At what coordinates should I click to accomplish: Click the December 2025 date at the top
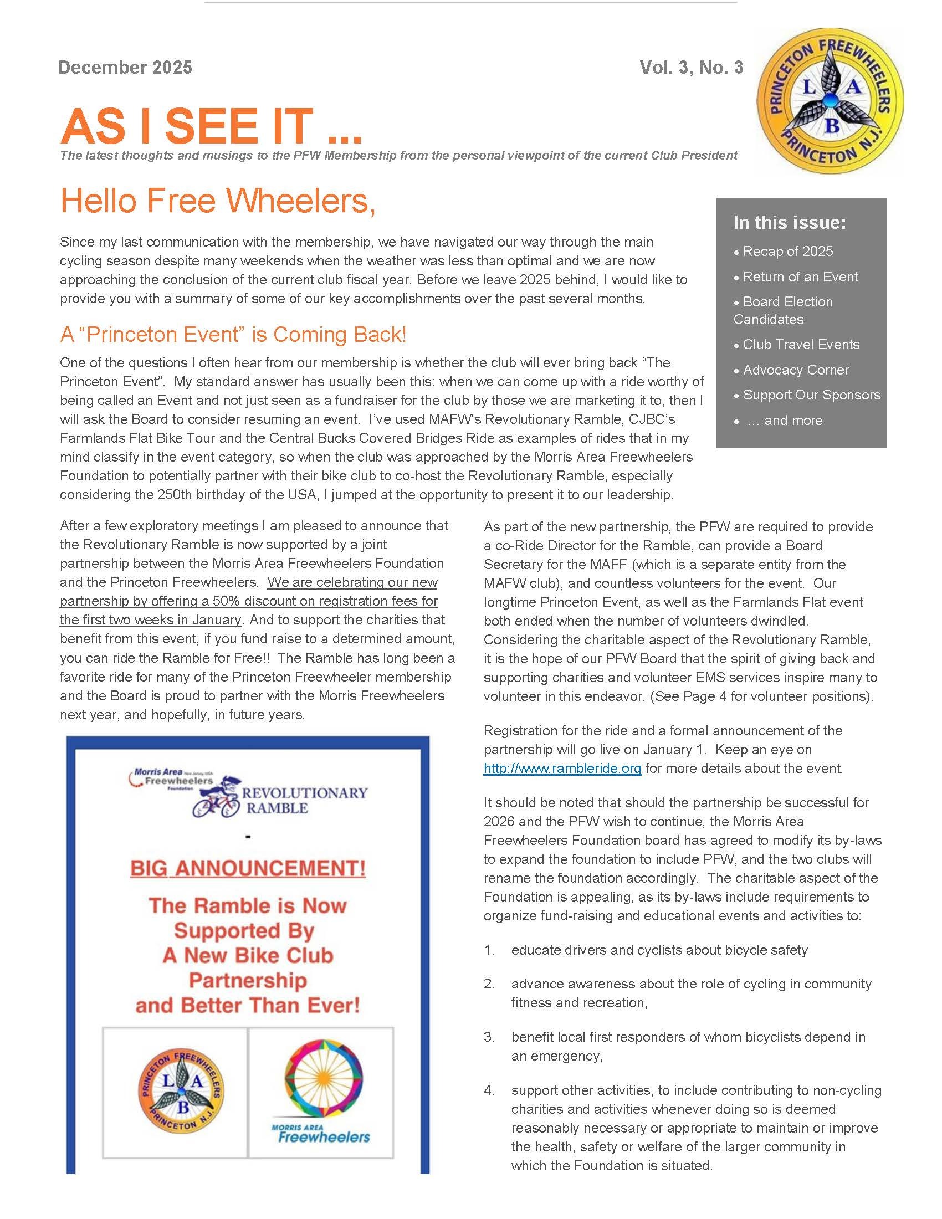coord(125,68)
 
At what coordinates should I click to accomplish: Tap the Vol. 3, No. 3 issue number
coord(691,68)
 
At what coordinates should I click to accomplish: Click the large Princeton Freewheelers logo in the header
coord(830,100)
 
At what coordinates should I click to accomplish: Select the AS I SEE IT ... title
coord(211,126)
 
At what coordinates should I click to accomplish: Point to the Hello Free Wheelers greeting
coord(218,201)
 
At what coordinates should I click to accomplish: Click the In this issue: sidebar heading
coord(789,223)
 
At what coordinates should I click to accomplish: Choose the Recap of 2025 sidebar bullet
coord(787,251)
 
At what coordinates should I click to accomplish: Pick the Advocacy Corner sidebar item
coord(795,370)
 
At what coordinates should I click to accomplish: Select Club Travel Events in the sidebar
coord(800,345)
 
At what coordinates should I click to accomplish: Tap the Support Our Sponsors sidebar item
coord(811,395)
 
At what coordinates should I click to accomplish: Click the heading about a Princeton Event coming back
coord(233,335)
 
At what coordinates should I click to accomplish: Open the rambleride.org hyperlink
coord(562,769)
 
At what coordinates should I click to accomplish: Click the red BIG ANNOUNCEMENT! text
coord(248,868)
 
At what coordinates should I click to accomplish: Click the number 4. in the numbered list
coord(489,1090)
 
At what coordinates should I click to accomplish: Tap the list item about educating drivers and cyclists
coord(658,950)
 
